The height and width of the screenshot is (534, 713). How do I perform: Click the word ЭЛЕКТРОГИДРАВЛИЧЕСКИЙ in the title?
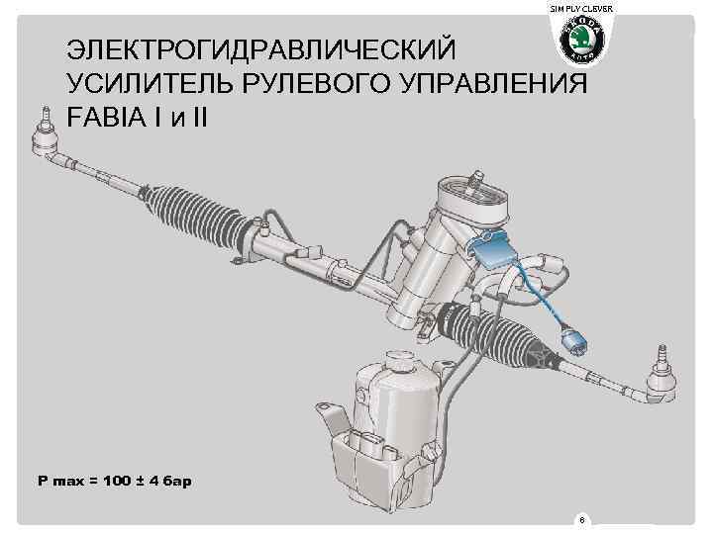260,50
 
